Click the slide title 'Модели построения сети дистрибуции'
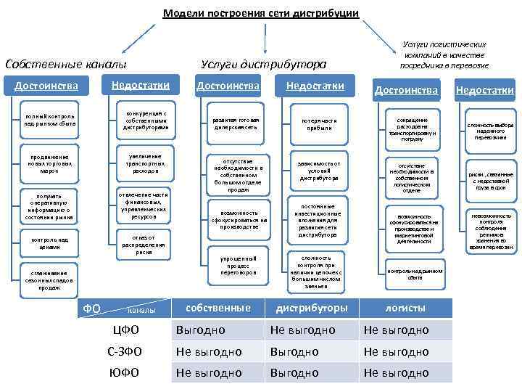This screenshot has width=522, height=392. (x=261, y=13)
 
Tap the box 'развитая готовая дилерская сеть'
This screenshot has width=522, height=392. (x=236, y=123)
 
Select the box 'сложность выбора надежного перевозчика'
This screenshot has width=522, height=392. (x=490, y=129)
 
